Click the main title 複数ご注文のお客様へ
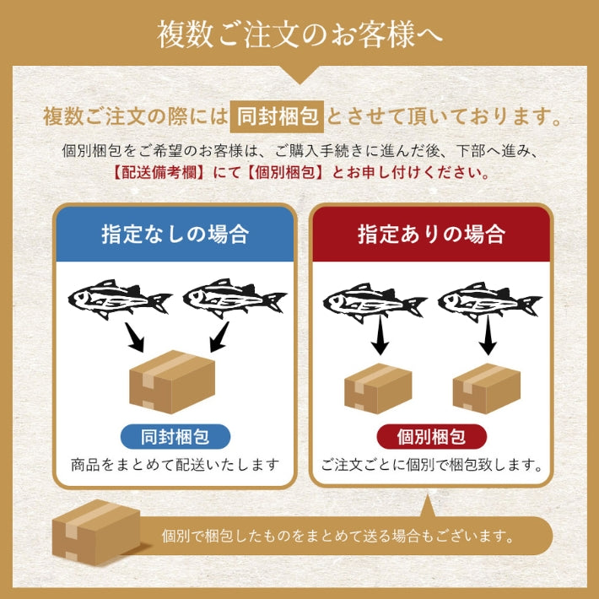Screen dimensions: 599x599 299,35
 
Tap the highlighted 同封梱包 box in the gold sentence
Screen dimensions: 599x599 277,116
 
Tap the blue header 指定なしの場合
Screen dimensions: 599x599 175,234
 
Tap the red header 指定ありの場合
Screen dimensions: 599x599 431,234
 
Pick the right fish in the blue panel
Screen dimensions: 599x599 235,298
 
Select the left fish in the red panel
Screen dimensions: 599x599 375,303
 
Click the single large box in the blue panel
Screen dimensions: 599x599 172,381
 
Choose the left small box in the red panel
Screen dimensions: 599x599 378,389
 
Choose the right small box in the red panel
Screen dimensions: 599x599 486,389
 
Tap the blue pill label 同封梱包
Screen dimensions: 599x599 175,437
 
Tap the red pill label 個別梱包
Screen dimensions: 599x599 432,437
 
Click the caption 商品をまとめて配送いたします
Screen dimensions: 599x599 175,465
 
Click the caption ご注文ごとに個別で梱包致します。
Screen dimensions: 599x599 432,465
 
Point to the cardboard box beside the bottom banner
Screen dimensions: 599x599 96,532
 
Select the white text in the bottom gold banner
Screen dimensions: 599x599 338,536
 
